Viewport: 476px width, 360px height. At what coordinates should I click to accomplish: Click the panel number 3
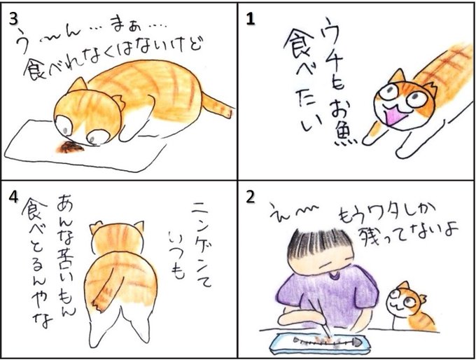[x=14, y=20]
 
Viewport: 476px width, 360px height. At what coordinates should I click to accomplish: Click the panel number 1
[x=250, y=20]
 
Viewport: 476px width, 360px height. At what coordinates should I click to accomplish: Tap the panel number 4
[x=13, y=198]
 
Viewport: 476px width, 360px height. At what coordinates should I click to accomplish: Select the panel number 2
[x=251, y=198]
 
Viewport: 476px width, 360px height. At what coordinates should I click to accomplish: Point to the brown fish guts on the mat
[x=71, y=147]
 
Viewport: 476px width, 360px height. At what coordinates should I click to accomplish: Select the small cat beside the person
[x=409, y=306]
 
